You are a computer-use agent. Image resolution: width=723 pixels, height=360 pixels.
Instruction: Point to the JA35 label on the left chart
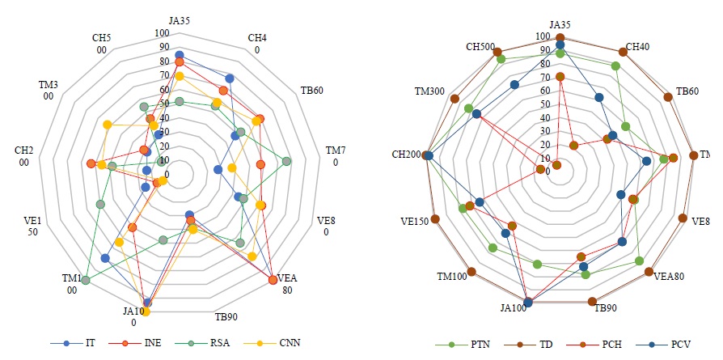(x=180, y=20)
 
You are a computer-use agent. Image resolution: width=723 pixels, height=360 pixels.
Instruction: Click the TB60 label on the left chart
(x=313, y=90)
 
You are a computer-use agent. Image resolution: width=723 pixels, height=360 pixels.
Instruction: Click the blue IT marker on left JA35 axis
(x=180, y=54)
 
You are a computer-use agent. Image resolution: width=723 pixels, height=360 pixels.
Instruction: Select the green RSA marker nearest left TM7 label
(x=287, y=162)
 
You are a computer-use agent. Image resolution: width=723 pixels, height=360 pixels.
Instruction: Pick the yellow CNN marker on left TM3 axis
(x=107, y=125)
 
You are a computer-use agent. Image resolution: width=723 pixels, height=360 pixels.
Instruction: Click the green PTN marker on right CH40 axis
(x=615, y=66)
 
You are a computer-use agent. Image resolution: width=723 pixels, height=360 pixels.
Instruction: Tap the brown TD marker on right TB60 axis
(x=668, y=98)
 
